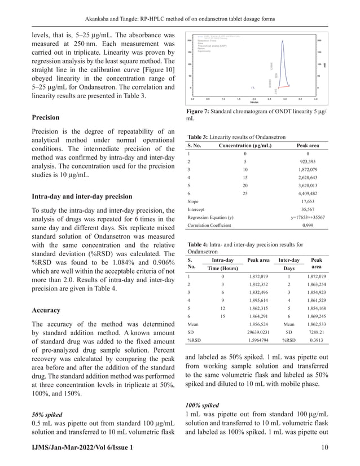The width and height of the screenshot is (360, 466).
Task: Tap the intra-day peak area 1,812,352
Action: pos(263,288)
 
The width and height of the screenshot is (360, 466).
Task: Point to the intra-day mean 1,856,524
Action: pos(263,324)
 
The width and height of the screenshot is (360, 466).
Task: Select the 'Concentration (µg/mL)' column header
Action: pos(244,146)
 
